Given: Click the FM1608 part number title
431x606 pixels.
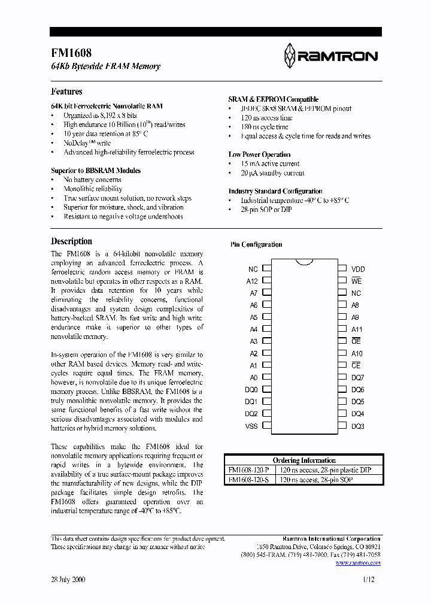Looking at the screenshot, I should click(71, 53).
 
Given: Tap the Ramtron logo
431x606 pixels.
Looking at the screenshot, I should click(331, 56).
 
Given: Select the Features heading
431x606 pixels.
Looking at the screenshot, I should click(66, 92).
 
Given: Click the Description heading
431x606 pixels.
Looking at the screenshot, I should click(71, 241).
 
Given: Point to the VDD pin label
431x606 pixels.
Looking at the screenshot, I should click(358, 269).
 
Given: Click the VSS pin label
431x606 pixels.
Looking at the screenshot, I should click(252, 426).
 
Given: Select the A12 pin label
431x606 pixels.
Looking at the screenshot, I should click(252, 281).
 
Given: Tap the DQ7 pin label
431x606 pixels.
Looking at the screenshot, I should click(358, 378).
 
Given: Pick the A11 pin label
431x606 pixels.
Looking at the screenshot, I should click(357, 329).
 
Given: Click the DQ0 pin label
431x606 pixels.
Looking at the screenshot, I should click(251, 390).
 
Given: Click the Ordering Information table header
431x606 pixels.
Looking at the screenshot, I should click(304, 460).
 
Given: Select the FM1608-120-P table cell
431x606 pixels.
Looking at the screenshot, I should click(249, 470).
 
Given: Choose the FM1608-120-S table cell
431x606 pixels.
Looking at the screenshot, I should click(249, 480).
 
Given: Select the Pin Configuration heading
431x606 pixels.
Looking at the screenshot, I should click(256, 244).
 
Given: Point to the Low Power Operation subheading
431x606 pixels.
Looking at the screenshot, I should click(260, 154).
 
